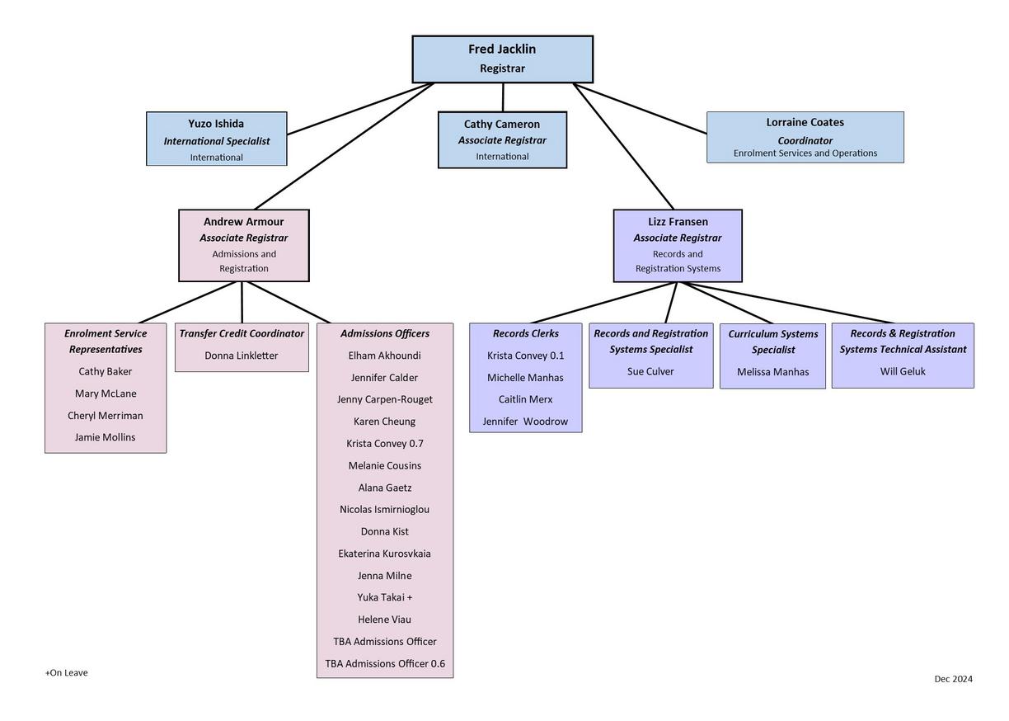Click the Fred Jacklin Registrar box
pos(502,59)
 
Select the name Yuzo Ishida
pos(216,124)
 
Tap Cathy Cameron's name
pos(502,125)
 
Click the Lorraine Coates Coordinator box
pos(805,137)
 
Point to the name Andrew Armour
pos(243,222)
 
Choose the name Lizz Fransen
pos(678,222)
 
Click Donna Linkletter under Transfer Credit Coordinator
pos(242,356)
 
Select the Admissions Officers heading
pos(385,334)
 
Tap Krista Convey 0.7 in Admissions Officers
pos(385,444)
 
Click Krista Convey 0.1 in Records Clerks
pos(526,356)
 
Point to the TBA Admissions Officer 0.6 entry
pos(385,664)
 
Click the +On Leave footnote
pos(67,673)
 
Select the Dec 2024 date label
pos(953,679)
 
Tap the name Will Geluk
pos(903,371)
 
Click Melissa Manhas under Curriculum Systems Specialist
pos(773,372)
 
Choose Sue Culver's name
pos(650,371)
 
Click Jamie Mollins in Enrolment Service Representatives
pos(105,437)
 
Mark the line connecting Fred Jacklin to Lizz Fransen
pos(623,146)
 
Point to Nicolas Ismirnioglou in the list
pos(385,510)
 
